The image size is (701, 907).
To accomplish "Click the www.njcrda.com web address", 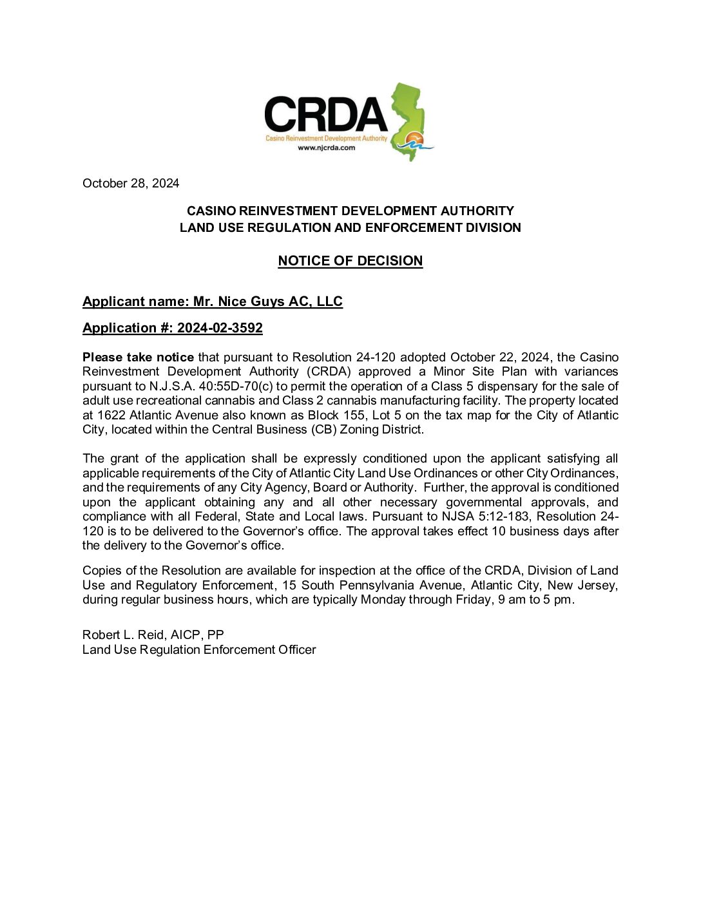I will coord(326,148).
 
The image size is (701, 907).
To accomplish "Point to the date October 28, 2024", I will coord(131,184).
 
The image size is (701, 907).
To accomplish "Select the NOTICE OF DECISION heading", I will coord(350,261).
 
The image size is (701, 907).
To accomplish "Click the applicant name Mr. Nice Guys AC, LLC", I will coord(268,301).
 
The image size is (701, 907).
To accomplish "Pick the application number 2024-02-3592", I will coord(220,328).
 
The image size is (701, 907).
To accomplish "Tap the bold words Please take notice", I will coord(138,357).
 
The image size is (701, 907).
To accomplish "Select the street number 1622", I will coord(111,415).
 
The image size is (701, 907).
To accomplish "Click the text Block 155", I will coord(336,415).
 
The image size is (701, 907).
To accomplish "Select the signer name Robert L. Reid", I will coord(124,635).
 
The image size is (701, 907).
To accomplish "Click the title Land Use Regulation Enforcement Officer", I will coord(199,650).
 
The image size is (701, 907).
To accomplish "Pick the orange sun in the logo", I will coord(416,138).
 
